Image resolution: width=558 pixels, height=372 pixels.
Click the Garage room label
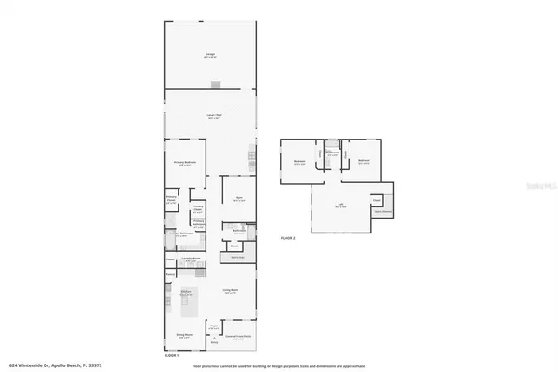210,55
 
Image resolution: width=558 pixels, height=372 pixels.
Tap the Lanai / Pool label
213,116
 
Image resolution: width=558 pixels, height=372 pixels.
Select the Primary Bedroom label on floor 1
184,163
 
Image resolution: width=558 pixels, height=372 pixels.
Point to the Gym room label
239,198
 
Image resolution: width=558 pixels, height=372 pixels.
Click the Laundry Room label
190,259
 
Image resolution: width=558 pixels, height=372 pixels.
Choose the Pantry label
171,274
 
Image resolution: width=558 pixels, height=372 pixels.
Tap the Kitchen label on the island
185,293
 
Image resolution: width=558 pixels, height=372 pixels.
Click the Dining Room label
185,335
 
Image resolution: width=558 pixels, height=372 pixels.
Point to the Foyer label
214,325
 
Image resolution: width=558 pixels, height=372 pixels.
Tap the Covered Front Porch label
243,338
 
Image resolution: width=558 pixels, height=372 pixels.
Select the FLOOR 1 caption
171,355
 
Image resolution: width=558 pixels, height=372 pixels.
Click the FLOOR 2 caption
287,239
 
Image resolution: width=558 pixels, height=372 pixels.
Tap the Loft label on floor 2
340,206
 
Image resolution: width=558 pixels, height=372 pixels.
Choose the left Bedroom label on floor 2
300,161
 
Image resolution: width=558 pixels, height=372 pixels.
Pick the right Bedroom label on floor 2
364,161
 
